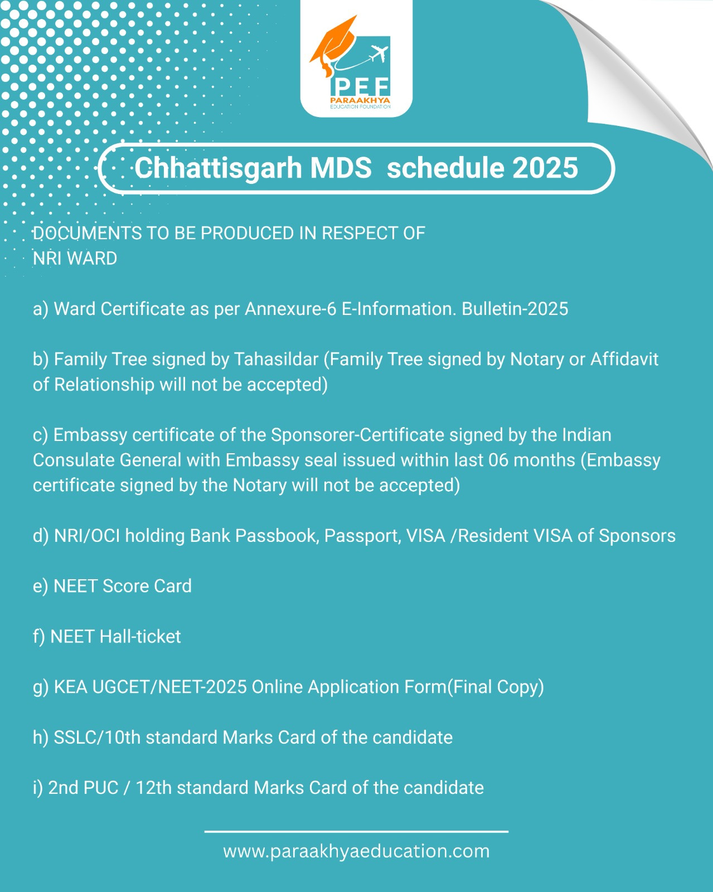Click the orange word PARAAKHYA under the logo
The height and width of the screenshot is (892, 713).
point(360,101)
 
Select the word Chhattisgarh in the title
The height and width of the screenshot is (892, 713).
point(218,168)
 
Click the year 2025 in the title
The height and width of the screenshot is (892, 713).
point(545,168)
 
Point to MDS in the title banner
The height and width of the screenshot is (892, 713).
point(341,168)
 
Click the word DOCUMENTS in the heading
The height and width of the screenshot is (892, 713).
point(87,234)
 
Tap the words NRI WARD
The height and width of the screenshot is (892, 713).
point(75,259)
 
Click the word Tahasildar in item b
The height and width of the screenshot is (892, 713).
point(276,360)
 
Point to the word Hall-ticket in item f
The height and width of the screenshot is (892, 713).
point(140,637)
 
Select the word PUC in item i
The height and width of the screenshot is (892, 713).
point(101,788)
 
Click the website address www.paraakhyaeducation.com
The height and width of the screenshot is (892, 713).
point(357,852)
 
